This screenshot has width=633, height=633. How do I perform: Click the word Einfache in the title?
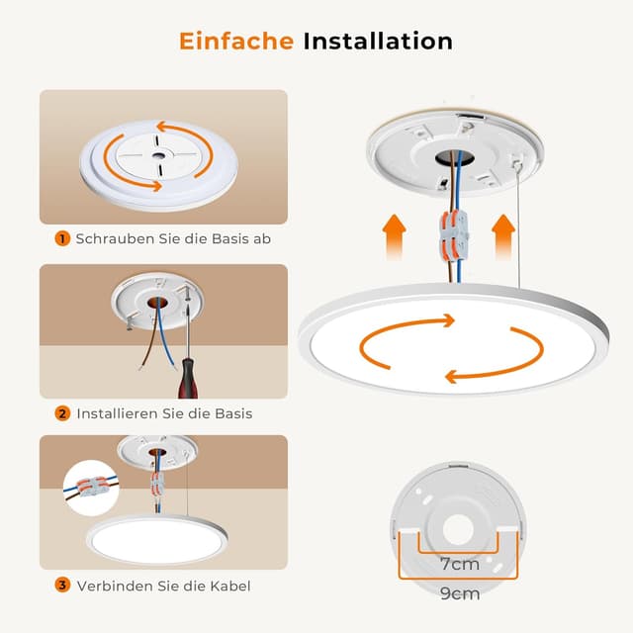tap(235, 42)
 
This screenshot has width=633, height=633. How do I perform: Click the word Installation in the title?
tap(378, 42)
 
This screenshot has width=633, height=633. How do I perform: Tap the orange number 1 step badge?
tap(62, 238)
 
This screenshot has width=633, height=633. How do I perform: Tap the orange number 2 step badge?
tap(62, 412)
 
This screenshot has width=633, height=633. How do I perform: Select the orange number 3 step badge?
tap(62, 586)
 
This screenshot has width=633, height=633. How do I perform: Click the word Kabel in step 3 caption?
tap(229, 586)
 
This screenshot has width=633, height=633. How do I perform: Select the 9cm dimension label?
tap(458, 593)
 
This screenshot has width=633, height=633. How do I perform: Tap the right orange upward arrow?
tap(504, 236)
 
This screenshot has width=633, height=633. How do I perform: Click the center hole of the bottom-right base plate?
tap(458, 527)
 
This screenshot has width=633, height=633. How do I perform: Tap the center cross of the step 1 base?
tap(161, 157)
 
